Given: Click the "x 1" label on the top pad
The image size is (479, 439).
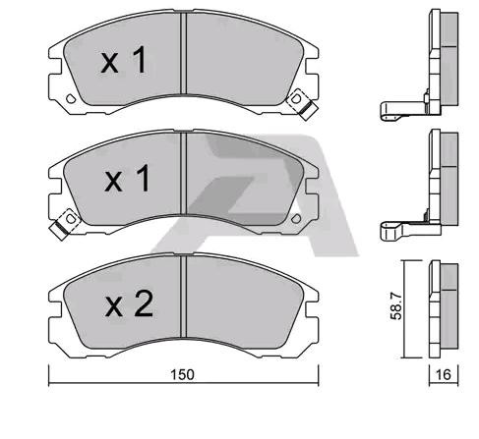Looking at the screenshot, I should (x=125, y=62).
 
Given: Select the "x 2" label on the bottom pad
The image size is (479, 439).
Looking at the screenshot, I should (x=128, y=305).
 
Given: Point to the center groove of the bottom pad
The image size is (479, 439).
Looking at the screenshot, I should (x=185, y=302).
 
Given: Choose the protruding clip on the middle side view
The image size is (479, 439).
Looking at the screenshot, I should (x=399, y=231).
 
